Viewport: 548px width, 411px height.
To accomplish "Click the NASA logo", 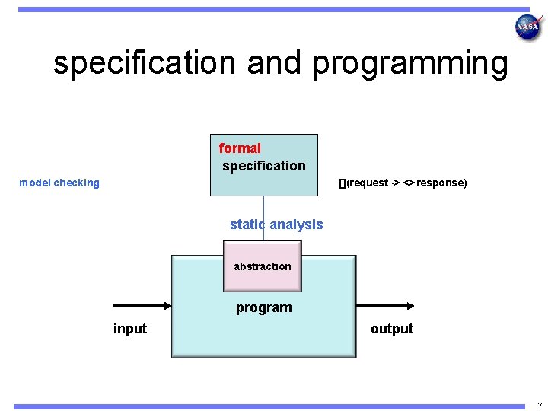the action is (528, 27).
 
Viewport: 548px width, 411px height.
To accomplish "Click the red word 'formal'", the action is (240, 148).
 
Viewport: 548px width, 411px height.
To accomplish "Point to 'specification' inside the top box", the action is (263, 166).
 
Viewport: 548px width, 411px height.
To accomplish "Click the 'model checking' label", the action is (59, 183).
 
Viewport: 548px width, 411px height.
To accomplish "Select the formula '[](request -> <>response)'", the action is (403, 183).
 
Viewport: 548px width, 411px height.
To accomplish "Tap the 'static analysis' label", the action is (276, 225).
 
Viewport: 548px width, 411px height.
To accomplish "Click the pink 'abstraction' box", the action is (263, 266).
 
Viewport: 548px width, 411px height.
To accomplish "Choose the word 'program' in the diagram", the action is (263, 307).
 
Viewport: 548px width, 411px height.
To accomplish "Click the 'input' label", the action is (130, 329).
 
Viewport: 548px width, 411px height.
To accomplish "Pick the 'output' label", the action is (392, 329).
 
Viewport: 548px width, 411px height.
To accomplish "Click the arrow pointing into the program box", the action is (142, 306).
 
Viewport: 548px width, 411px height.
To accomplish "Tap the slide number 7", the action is (540, 406).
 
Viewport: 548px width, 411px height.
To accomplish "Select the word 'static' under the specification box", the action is (247, 225).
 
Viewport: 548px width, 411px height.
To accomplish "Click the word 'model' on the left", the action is (34, 183).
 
